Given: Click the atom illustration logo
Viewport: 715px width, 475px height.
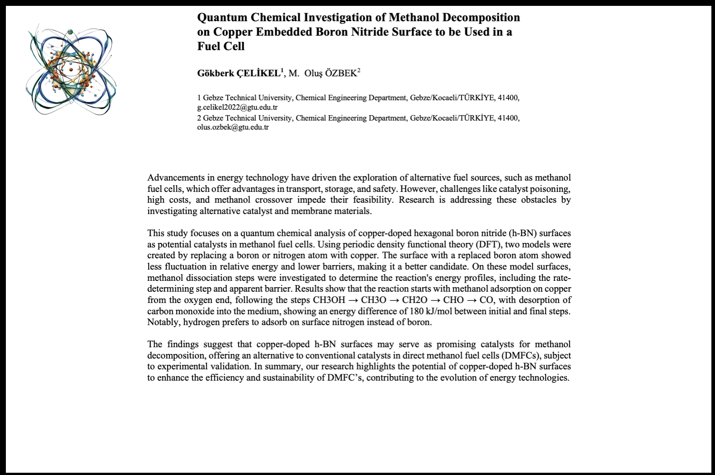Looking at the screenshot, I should click(71, 71).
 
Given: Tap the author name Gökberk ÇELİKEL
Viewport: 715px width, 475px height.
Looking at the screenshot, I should click(239, 74).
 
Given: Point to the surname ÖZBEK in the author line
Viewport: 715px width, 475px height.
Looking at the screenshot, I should click(341, 74).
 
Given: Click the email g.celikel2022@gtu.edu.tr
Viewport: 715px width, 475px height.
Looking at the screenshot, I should click(237, 107).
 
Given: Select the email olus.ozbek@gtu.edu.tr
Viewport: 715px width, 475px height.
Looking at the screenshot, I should click(233, 127).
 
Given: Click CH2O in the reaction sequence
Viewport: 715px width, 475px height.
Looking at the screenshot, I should click(414, 300).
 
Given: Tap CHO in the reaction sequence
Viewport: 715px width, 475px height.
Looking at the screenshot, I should click(453, 300).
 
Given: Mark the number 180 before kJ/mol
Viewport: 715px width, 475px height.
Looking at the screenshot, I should click(417, 312).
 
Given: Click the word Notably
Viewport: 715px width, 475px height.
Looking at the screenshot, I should click(163, 322).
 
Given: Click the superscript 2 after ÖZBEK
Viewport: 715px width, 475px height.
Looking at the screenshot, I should click(359, 70).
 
